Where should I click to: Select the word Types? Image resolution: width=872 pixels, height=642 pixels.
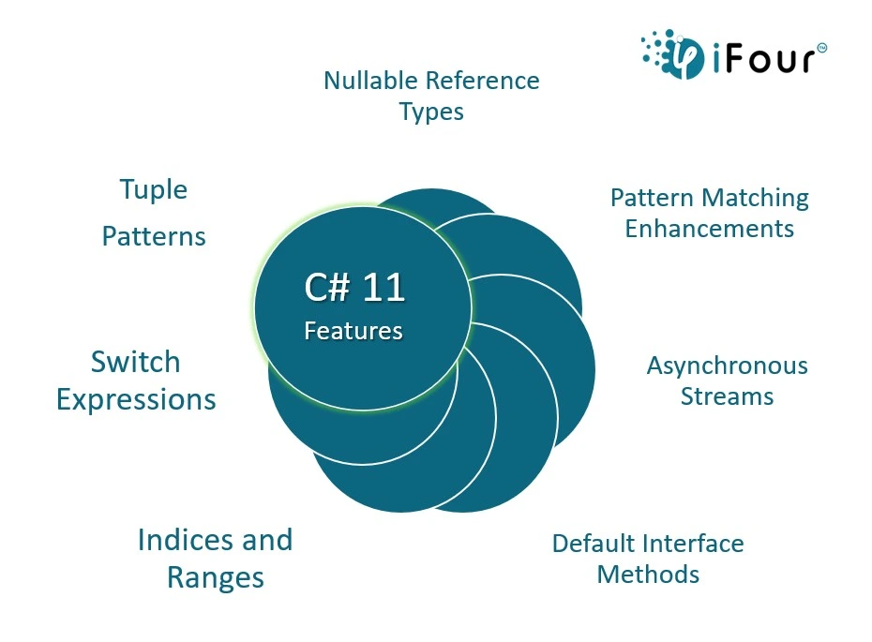tap(431, 112)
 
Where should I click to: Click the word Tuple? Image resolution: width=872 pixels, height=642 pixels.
tap(154, 190)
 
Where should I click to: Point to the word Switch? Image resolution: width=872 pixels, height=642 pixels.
tap(136, 362)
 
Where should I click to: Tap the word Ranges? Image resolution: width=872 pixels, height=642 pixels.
tap(216, 578)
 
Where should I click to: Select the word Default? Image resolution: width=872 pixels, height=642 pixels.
tap(593, 544)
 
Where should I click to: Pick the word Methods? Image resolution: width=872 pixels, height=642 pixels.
tap(649, 575)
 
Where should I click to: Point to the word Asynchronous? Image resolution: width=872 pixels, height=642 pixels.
tap(728, 366)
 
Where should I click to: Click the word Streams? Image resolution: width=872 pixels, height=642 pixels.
tap(728, 396)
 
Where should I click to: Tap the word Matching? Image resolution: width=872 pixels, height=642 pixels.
tap(756, 199)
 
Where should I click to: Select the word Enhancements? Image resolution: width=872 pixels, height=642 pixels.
tap(710, 229)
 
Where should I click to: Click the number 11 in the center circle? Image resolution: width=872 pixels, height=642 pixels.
tap(383, 288)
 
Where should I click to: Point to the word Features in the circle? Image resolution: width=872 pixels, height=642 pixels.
tap(353, 331)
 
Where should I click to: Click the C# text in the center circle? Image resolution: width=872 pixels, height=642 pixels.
tap(328, 288)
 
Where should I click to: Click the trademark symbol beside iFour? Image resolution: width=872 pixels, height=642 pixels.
tap(822, 49)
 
